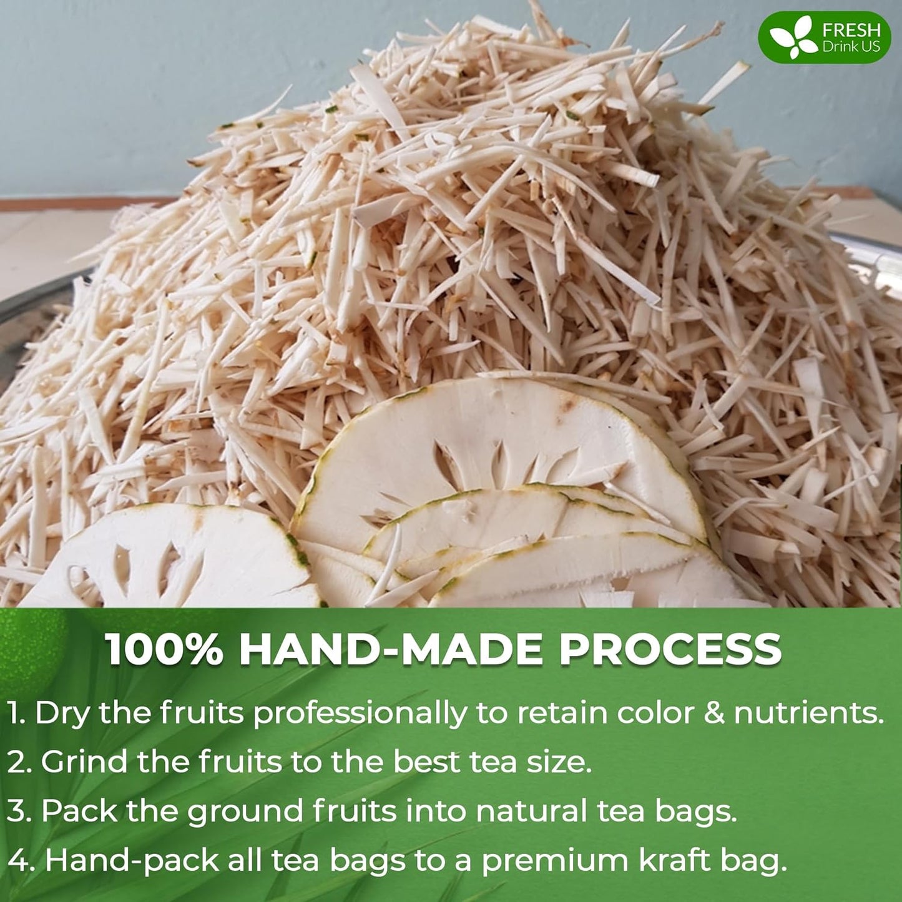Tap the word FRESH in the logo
851,29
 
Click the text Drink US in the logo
851,47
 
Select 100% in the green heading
164,649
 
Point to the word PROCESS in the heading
670,649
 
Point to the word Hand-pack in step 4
132,861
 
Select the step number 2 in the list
17,762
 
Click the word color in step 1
655,713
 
